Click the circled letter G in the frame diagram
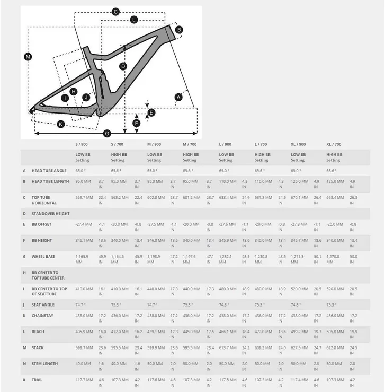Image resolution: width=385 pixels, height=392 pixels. tap(107, 133)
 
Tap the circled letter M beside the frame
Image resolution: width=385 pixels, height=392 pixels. tap(28, 57)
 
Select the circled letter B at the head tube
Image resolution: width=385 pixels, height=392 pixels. tap(179, 30)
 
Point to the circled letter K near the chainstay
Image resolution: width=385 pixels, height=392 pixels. tap(61, 124)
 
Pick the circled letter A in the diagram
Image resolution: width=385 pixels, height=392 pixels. tap(178, 97)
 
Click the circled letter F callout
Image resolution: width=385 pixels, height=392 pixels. tap(137, 123)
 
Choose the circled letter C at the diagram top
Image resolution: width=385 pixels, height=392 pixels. tap(116, 11)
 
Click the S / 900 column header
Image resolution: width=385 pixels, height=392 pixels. tap(82, 144)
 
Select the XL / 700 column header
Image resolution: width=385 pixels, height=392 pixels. tap(334, 144)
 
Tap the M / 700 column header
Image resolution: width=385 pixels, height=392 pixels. tap(190, 144)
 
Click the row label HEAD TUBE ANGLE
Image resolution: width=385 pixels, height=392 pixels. tap(49, 171)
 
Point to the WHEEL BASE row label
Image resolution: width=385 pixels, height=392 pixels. tap(42, 256)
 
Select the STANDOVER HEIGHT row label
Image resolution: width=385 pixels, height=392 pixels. tap(50, 214)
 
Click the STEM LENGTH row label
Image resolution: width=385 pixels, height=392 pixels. tap(45, 364)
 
